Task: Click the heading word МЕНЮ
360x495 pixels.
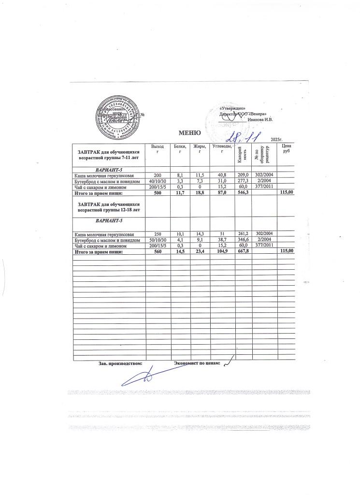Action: [x=188, y=133]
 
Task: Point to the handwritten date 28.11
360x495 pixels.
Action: [x=244, y=137]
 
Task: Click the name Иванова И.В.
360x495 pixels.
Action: [x=260, y=119]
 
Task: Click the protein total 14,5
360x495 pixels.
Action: [x=179, y=251]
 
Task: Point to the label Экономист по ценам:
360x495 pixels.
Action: [x=197, y=363]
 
